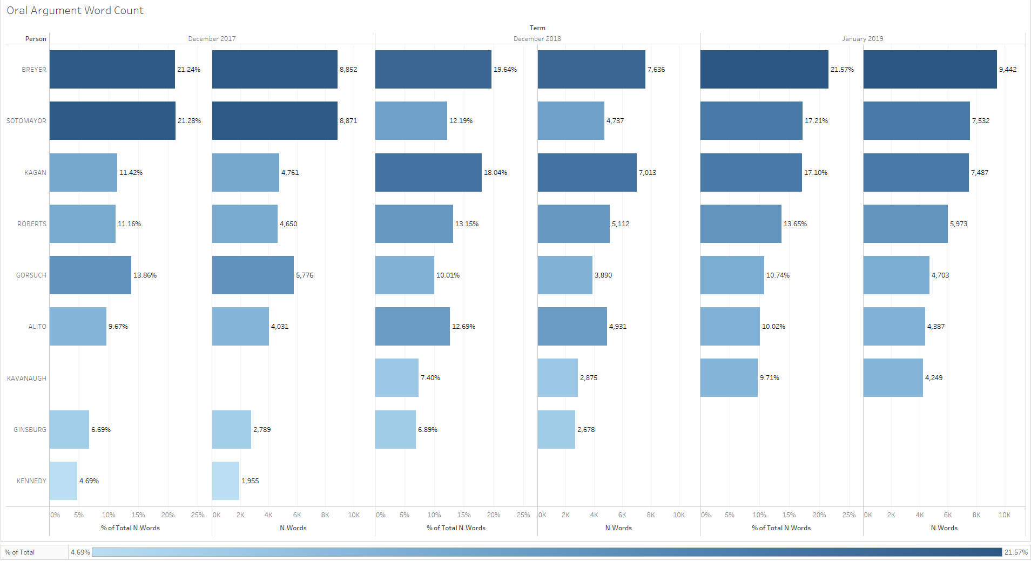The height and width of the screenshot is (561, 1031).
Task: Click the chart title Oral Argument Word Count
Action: click(75, 11)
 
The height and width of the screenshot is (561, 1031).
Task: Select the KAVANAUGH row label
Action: click(26, 378)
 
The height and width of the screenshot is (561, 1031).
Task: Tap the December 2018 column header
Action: click(537, 39)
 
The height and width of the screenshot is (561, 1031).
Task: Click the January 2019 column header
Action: click(862, 39)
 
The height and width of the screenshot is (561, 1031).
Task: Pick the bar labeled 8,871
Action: click(274, 121)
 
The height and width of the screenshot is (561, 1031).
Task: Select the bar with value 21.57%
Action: click(764, 70)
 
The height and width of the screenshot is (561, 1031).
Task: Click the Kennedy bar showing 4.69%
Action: click(63, 481)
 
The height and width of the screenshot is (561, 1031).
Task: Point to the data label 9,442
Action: click(1007, 70)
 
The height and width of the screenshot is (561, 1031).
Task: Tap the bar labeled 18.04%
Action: click(428, 173)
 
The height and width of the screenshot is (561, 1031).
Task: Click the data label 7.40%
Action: click(430, 378)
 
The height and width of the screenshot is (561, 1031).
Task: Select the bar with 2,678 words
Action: click(556, 430)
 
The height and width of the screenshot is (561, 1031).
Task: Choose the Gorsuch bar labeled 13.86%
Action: click(90, 275)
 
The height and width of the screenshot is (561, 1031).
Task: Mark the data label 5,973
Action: click(958, 224)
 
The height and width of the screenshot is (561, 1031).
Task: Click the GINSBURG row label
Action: click(30, 430)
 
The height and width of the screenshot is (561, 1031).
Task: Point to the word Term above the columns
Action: click(537, 28)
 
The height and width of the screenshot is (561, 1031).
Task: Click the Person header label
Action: click(36, 39)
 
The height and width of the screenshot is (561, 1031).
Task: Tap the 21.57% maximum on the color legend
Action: click(1015, 552)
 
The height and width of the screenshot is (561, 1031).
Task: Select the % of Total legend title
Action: click(19, 552)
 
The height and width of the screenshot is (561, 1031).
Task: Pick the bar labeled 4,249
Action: click(893, 378)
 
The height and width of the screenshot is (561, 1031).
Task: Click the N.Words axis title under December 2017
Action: click(293, 528)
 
